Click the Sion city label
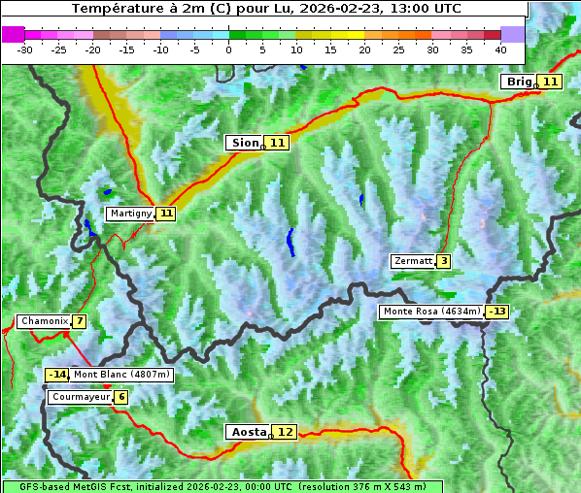(x=244, y=143)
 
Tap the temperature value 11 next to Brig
(x=550, y=82)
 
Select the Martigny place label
(x=130, y=214)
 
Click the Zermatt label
(x=412, y=261)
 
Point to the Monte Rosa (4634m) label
(x=431, y=312)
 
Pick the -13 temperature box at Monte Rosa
(x=497, y=312)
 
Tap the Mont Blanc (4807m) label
(x=121, y=375)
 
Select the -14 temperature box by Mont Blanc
(x=57, y=375)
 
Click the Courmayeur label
(x=79, y=397)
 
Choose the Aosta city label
(x=247, y=432)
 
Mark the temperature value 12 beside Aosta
(x=285, y=432)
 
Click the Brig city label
(x=519, y=82)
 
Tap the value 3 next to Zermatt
(x=444, y=261)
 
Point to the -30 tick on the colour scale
(x=25, y=49)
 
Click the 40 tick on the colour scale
(x=500, y=49)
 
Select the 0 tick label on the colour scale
(x=229, y=49)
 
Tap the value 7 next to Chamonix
(x=79, y=321)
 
